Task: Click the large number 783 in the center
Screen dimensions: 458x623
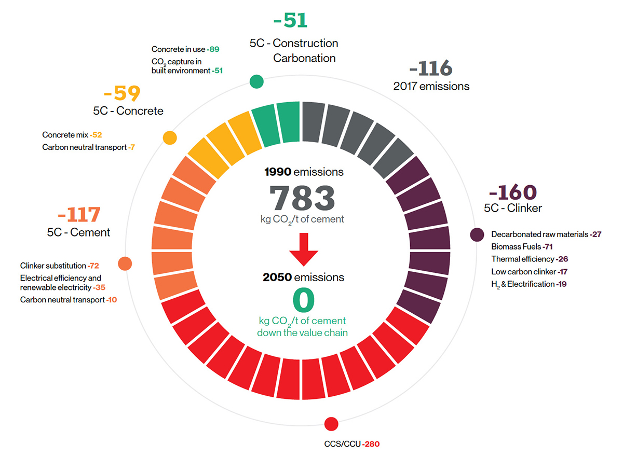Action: [x=302, y=198]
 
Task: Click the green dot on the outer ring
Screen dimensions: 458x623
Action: [x=256, y=81]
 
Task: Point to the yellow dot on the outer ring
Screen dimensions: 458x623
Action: [x=170, y=137]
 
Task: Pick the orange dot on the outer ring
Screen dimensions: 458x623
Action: [x=125, y=263]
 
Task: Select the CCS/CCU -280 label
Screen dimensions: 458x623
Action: [x=352, y=445]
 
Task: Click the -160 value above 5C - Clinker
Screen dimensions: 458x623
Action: [x=512, y=192]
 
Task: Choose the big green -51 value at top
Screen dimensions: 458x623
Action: [x=290, y=21]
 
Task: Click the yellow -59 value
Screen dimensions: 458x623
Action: [x=122, y=94]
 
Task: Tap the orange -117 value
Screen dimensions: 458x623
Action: [x=79, y=215]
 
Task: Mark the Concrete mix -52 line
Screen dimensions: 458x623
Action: [x=72, y=135]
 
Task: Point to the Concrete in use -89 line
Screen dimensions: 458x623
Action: [x=185, y=49]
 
